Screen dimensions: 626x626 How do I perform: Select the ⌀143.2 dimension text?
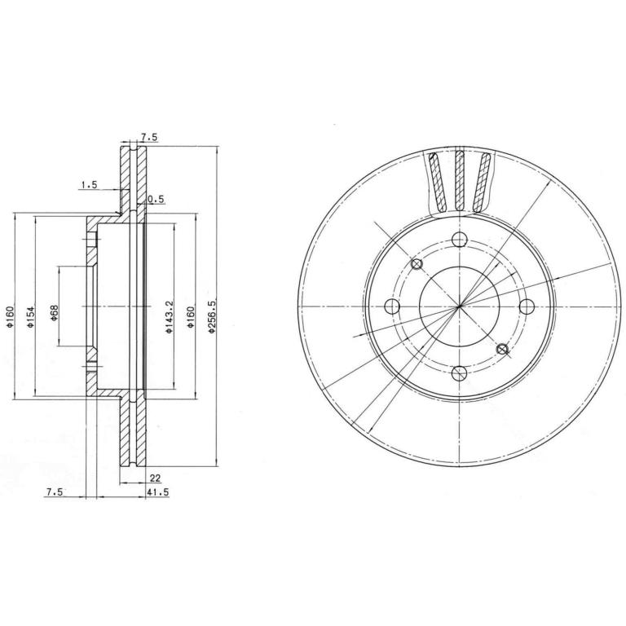tap(169, 316)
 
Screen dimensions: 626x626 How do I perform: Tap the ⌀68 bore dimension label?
tap(55, 313)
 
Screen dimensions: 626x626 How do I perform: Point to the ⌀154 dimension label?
tap(31, 316)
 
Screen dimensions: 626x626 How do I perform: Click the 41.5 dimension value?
tap(158, 492)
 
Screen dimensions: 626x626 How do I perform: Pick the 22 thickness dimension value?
tap(155, 478)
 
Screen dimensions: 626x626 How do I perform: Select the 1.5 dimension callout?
tap(90, 184)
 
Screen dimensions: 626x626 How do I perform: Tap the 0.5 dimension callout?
tap(156, 199)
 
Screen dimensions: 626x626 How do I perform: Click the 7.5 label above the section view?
tap(149, 137)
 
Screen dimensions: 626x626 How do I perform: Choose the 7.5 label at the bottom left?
tap(55, 492)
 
